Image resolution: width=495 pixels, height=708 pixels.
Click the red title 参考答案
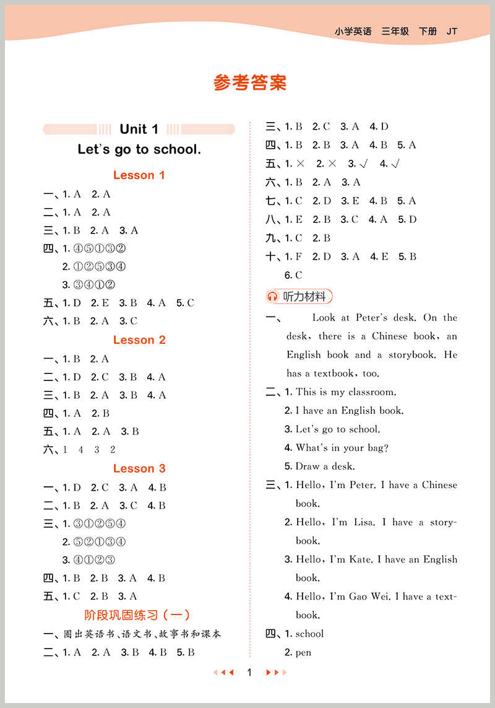click(x=250, y=83)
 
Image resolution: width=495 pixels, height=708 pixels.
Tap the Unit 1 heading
click(x=139, y=129)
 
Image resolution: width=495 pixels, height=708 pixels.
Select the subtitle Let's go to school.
click(x=139, y=149)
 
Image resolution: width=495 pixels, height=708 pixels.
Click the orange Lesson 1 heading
click(x=139, y=175)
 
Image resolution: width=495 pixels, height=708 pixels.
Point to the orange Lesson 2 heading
click(x=139, y=340)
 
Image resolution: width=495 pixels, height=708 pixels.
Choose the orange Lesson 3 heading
click(x=139, y=468)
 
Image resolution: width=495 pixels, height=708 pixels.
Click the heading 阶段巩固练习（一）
click(x=137, y=615)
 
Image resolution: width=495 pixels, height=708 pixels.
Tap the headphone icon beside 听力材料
click(x=273, y=297)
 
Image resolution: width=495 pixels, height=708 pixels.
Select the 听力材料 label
click(x=304, y=297)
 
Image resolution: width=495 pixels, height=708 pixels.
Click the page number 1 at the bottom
click(x=249, y=673)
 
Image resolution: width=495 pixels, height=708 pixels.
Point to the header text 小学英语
click(x=353, y=31)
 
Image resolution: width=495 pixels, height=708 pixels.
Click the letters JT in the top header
click(x=452, y=31)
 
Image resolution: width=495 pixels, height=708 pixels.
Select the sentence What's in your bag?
click(x=342, y=448)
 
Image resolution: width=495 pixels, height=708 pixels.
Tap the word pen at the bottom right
click(x=303, y=652)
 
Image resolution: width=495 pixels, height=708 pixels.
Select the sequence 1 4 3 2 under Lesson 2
click(x=89, y=450)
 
